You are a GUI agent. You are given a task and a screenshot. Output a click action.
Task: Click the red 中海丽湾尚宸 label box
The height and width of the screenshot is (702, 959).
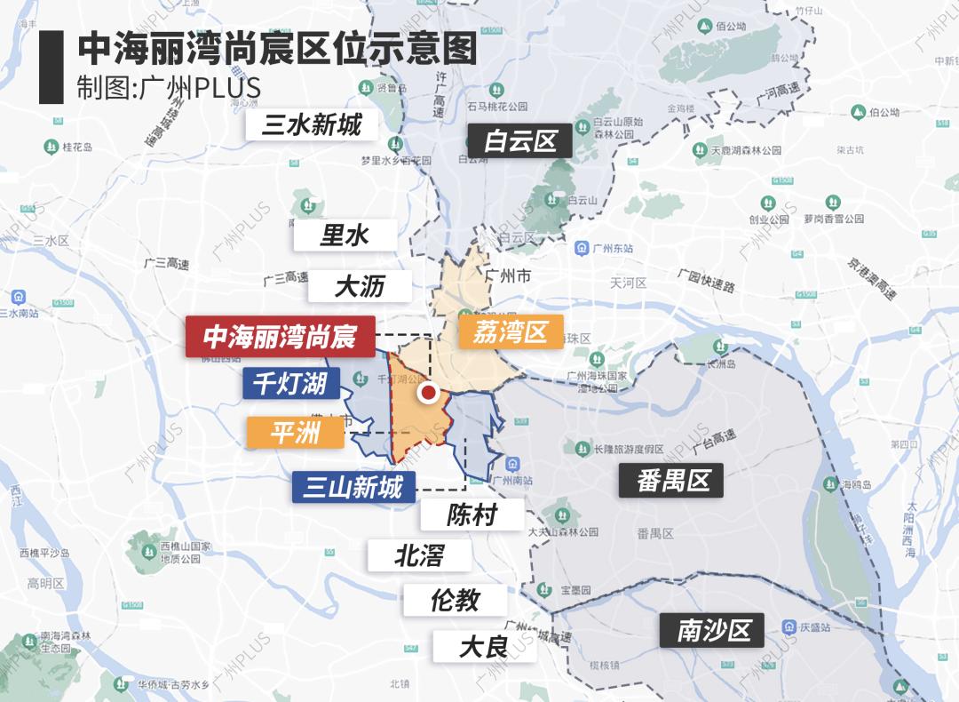tap(280, 337)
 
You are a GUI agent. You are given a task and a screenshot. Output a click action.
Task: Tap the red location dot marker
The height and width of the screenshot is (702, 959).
tap(429, 392)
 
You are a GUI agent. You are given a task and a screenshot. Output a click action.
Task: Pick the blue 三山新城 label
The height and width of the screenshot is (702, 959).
tap(353, 487)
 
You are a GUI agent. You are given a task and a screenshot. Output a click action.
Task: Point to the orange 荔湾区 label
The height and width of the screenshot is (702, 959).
tap(511, 332)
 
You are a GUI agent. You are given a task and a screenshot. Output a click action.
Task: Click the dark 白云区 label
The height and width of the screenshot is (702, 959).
tap(520, 140)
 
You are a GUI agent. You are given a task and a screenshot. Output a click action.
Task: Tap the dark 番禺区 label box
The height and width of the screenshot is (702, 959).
tap(674, 481)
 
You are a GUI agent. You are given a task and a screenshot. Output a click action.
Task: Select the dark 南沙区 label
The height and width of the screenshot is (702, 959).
tap(714, 630)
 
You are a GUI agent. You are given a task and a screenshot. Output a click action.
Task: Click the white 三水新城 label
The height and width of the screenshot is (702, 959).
tap(312, 124)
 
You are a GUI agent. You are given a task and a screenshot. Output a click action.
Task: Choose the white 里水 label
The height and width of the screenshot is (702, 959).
tap(345, 235)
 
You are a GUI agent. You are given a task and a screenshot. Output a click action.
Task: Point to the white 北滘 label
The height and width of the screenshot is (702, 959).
tap(419, 556)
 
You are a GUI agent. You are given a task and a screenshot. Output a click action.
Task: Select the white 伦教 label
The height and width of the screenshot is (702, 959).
tap(455, 601)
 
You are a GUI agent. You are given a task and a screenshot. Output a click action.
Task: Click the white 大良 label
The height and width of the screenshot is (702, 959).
tap(483, 646)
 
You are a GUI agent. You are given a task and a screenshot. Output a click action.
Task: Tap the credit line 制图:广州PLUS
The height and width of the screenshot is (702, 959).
tap(168, 89)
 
